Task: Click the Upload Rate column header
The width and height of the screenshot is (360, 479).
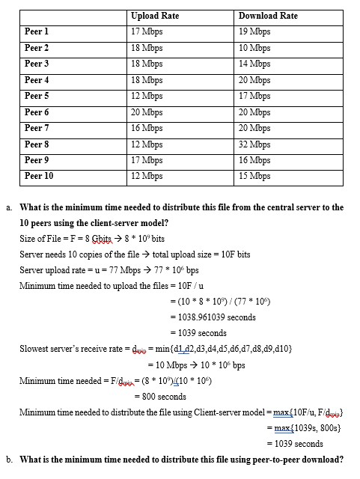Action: pos(154,15)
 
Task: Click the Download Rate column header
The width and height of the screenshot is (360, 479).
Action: pos(267,15)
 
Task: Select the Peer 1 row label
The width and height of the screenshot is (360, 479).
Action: pos(37,31)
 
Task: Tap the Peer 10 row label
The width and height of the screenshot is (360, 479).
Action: pos(39,176)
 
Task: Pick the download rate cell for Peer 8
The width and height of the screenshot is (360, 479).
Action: pos(254,144)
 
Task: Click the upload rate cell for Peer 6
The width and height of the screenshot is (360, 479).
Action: pos(147,112)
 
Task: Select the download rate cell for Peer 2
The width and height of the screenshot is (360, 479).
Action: pos(254,47)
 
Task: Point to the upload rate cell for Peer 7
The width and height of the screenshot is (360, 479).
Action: pos(147,128)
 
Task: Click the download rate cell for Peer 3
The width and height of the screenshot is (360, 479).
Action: pos(254,64)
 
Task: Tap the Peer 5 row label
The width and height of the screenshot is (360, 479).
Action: pos(37,96)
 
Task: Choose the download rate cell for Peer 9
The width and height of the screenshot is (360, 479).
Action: pos(254,160)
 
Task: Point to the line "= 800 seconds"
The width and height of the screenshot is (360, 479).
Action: pos(160,396)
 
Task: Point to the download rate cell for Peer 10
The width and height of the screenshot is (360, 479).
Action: pos(254,176)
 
